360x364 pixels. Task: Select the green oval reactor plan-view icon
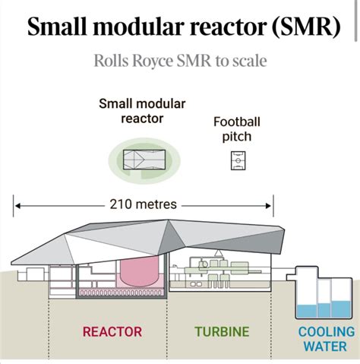coord(144,159)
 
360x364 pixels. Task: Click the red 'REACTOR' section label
coord(112,331)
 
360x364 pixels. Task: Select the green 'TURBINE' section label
coord(222,331)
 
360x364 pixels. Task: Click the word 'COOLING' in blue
coord(326,332)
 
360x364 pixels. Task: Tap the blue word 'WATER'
coord(326,347)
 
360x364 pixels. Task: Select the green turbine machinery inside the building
coord(216,267)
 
